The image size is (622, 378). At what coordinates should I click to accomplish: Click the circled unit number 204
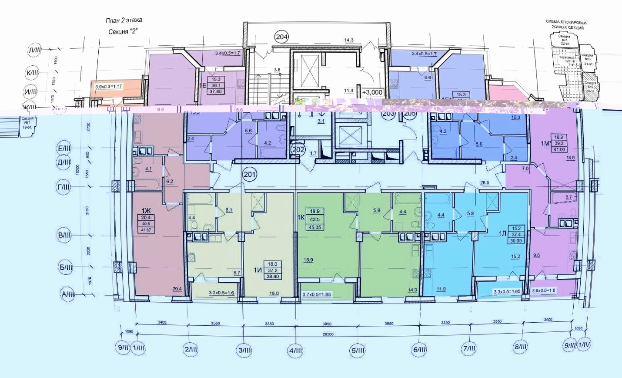coord(281,37)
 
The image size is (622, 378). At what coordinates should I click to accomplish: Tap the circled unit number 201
coord(250,175)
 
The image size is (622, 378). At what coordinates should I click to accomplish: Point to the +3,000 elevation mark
coord(372,92)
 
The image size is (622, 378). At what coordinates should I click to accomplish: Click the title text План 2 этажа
coord(124,20)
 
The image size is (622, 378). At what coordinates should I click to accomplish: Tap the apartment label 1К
coord(300,216)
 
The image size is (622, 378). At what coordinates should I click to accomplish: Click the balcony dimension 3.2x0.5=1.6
coord(222,293)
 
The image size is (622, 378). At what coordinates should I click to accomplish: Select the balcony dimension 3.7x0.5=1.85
coord(317,294)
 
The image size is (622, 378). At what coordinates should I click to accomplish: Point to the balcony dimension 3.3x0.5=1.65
coord(507,292)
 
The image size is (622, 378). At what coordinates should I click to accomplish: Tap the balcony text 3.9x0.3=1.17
coord(109,87)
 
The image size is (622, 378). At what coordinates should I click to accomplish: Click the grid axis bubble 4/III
coord(296,350)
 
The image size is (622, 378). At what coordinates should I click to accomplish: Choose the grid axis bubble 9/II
coord(123,348)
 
